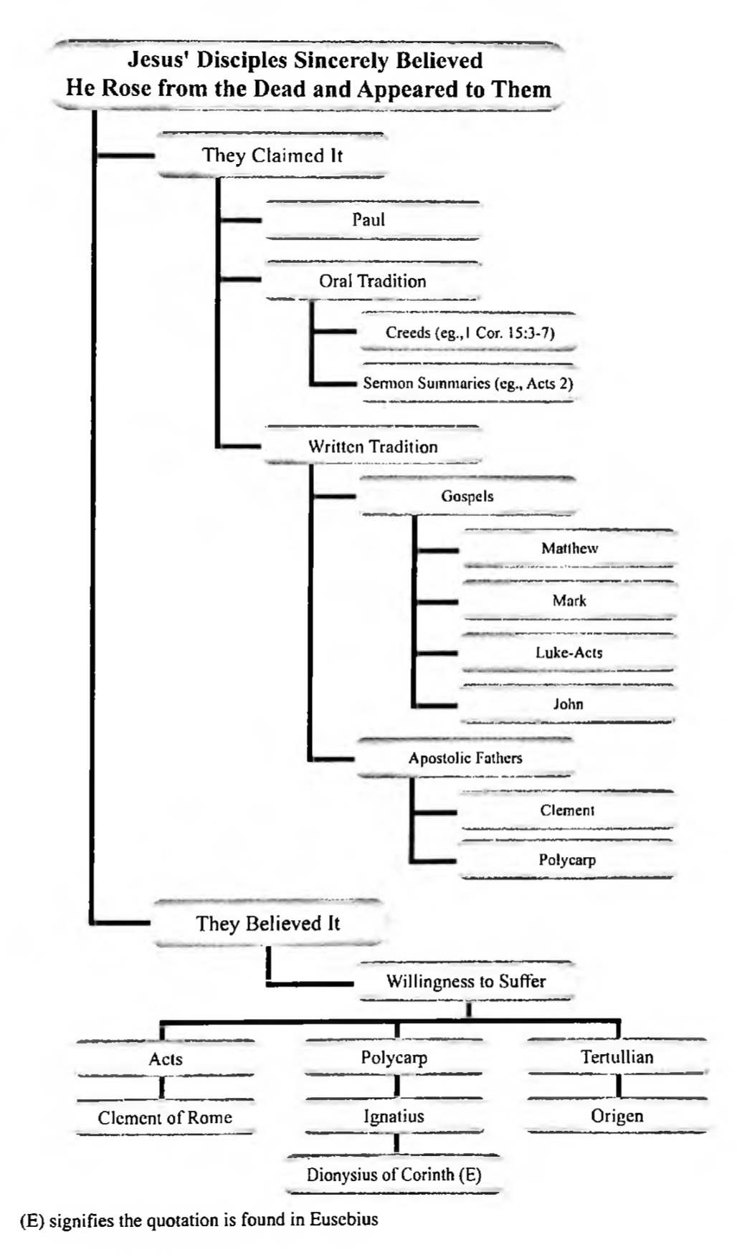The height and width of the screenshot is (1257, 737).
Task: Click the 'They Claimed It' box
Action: (x=272, y=156)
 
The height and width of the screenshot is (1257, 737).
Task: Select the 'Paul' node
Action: (x=368, y=219)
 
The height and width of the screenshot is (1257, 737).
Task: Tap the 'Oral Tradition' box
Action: (x=372, y=281)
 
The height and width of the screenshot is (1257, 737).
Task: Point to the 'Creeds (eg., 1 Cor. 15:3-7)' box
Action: (x=470, y=333)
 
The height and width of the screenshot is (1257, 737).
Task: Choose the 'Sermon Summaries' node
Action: (x=468, y=383)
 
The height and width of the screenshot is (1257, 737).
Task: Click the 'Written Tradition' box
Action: (x=373, y=446)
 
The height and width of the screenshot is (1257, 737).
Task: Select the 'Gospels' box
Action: (x=467, y=496)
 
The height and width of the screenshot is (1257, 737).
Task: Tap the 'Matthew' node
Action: (x=569, y=548)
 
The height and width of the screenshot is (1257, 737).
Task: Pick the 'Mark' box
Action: (x=569, y=601)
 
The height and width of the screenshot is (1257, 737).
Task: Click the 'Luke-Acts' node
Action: (x=569, y=652)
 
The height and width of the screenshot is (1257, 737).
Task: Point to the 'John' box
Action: (x=568, y=704)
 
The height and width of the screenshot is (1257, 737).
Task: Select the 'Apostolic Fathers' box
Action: (x=465, y=757)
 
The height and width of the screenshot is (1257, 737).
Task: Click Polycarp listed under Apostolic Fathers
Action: (x=567, y=860)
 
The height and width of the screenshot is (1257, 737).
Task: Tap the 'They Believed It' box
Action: (x=268, y=923)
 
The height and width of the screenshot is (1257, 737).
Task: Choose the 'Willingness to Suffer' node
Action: (x=466, y=981)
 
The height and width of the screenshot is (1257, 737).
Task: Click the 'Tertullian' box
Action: (x=617, y=1057)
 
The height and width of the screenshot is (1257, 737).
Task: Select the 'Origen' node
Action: (x=617, y=1116)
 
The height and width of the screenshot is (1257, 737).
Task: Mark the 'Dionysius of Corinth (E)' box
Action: (x=394, y=1175)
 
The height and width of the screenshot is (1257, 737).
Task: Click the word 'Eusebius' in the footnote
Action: (x=343, y=1219)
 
